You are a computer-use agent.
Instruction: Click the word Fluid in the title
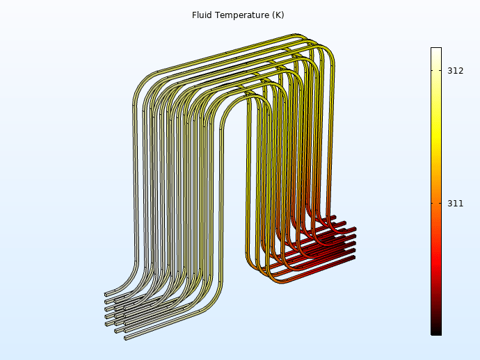202,15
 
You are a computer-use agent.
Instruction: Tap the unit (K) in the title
276,15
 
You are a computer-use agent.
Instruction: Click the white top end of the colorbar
436,50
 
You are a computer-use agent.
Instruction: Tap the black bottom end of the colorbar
436,332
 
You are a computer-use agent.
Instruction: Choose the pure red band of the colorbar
436,261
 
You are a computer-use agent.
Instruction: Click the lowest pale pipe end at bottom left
126,338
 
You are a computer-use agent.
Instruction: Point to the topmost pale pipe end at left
106,294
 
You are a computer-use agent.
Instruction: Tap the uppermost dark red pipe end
335,217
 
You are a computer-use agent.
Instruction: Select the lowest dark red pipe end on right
353,258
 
